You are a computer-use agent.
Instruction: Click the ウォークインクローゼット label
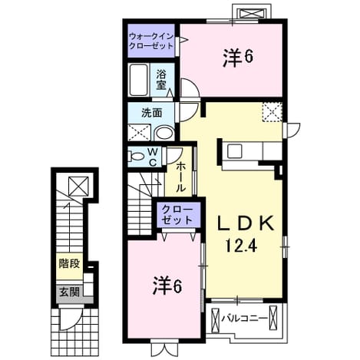[151, 41]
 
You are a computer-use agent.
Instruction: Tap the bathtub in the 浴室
[139, 80]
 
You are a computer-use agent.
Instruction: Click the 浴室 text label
[161, 80]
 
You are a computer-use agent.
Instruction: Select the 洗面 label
[152, 113]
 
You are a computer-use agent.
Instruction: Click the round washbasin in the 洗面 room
[164, 134]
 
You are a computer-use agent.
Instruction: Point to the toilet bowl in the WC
[137, 156]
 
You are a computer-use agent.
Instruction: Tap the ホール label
[180, 177]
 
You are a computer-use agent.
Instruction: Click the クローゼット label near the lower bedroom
[177, 215]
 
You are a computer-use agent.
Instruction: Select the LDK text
[246, 223]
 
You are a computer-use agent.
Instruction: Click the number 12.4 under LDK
[241, 246]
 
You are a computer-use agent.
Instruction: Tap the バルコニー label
[244, 319]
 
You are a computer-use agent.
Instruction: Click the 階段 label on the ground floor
[69, 263]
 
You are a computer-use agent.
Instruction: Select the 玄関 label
[69, 292]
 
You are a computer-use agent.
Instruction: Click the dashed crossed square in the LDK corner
[272, 111]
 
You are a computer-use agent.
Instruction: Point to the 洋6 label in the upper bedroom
[238, 58]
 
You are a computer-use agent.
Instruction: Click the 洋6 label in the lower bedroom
[167, 286]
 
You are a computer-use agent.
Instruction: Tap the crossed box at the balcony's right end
[273, 318]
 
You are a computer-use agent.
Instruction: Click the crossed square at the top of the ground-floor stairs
[78, 186]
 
